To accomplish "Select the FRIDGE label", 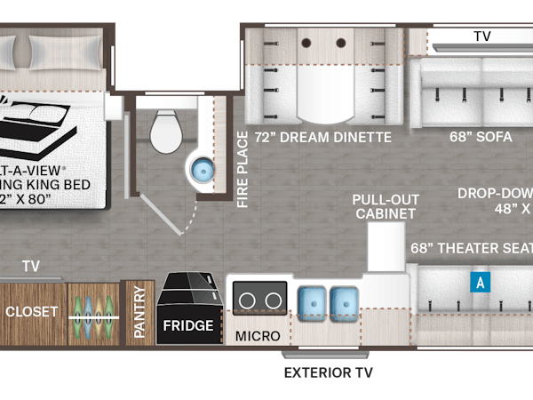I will point(187,325).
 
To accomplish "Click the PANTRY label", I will point(139,311).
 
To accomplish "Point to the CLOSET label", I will point(32,312).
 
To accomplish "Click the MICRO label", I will point(258,336).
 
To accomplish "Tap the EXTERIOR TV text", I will point(329,372).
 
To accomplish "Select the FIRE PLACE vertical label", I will point(242,169).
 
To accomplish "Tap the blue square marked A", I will point(480,283).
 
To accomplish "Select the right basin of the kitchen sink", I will point(345,301).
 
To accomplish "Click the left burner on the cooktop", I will point(246,298).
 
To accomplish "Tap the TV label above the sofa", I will point(482,36).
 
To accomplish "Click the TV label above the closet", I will point(31,265).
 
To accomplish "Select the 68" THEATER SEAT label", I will point(471,248).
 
